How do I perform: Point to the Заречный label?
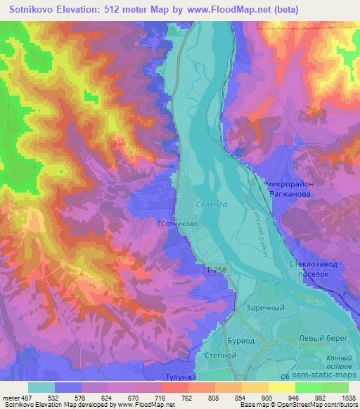pyautogui.click(x=264, y=307)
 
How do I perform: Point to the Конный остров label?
pyautogui.click(x=338, y=363)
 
